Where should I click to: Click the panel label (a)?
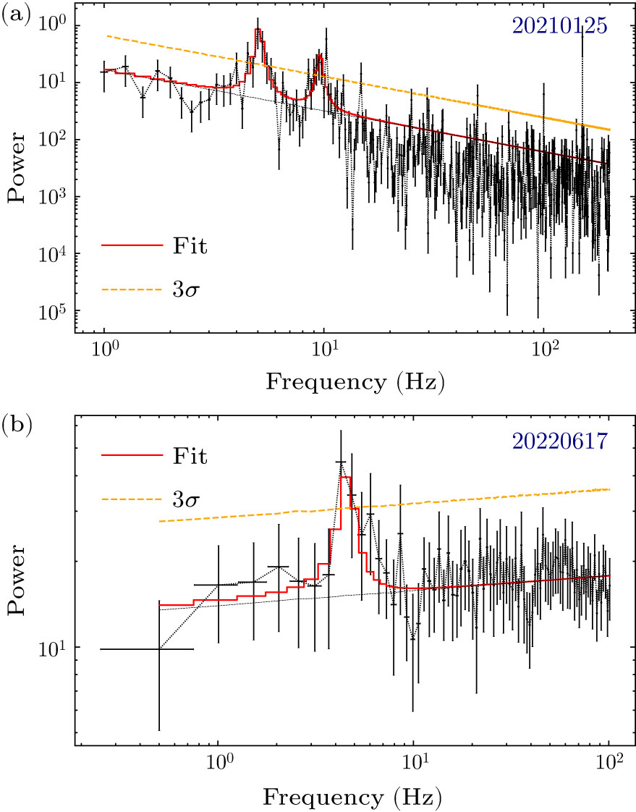pos(16,15)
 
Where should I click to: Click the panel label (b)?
pos(16,423)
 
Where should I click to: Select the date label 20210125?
pos(559,27)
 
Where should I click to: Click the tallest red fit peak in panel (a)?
pos(258,30)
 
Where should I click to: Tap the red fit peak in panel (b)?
pos(345,478)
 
